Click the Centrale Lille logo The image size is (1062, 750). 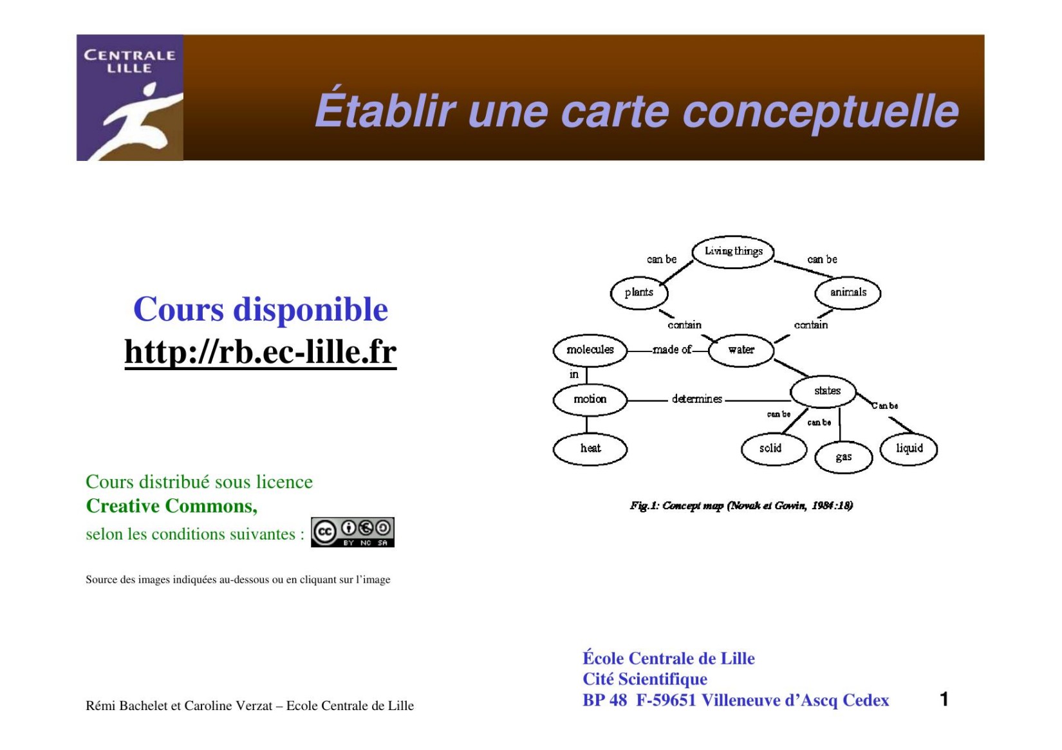129,97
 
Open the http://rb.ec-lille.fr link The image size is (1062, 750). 260,352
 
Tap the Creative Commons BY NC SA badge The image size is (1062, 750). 352,532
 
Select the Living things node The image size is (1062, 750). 733,251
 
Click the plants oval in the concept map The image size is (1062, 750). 638,292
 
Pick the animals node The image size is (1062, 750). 848,292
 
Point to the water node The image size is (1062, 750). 741,350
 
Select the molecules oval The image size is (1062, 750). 590,350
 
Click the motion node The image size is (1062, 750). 590,399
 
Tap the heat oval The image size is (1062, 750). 590,448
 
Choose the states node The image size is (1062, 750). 826,391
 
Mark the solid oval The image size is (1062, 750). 770,448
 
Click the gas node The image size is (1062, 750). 843,457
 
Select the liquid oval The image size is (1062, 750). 909,448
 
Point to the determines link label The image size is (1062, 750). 696,399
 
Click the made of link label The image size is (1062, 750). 671,350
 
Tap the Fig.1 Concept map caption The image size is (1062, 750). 741,505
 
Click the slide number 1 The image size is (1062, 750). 944,699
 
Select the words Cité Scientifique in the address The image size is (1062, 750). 644,679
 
